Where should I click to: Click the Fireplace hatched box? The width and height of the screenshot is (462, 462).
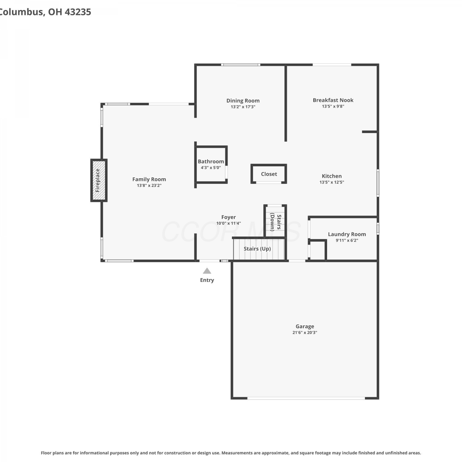pyautogui.click(x=99, y=180)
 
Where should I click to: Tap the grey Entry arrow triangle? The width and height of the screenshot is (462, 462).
pyautogui.click(x=207, y=271)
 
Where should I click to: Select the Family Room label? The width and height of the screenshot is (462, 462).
pyautogui.click(x=149, y=179)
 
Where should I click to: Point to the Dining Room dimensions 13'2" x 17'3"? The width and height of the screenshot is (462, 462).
pyautogui.click(x=243, y=107)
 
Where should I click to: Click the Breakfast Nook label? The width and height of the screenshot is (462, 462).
pyautogui.click(x=333, y=100)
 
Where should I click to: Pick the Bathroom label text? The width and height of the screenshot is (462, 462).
pyautogui.click(x=211, y=161)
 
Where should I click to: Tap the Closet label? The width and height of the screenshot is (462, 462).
pyautogui.click(x=269, y=174)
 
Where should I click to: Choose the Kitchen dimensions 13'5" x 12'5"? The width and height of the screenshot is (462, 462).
pyautogui.click(x=332, y=182)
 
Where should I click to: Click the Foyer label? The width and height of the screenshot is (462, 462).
pyautogui.click(x=229, y=217)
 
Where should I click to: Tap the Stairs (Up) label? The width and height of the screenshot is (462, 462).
pyautogui.click(x=257, y=249)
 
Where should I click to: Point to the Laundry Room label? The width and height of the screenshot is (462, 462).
pyautogui.click(x=347, y=234)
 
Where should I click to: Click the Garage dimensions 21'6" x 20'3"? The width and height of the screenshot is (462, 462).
pyautogui.click(x=305, y=333)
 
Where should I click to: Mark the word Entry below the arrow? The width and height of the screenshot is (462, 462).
pyautogui.click(x=207, y=280)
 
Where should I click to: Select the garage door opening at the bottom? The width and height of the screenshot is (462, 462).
pyautogui.click(x=306, y=398)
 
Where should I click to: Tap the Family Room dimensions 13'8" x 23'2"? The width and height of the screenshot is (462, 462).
pyautogui.click(x=149, y=185)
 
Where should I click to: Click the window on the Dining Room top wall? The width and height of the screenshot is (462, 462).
pyautogui.click(x=241, y=65)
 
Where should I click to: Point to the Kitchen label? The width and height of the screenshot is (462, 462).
pyautogui.click(x=332, y=176)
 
